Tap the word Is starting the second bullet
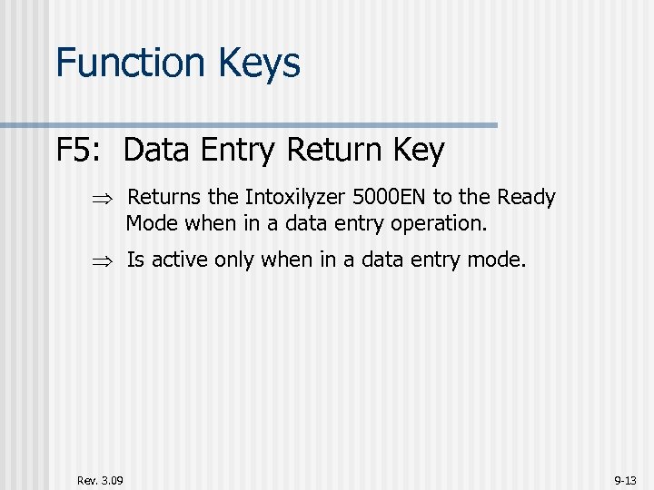click(135, 260)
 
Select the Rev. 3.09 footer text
click(100, 479)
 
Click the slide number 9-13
click(626, 479)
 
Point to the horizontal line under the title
click(272, 124)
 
